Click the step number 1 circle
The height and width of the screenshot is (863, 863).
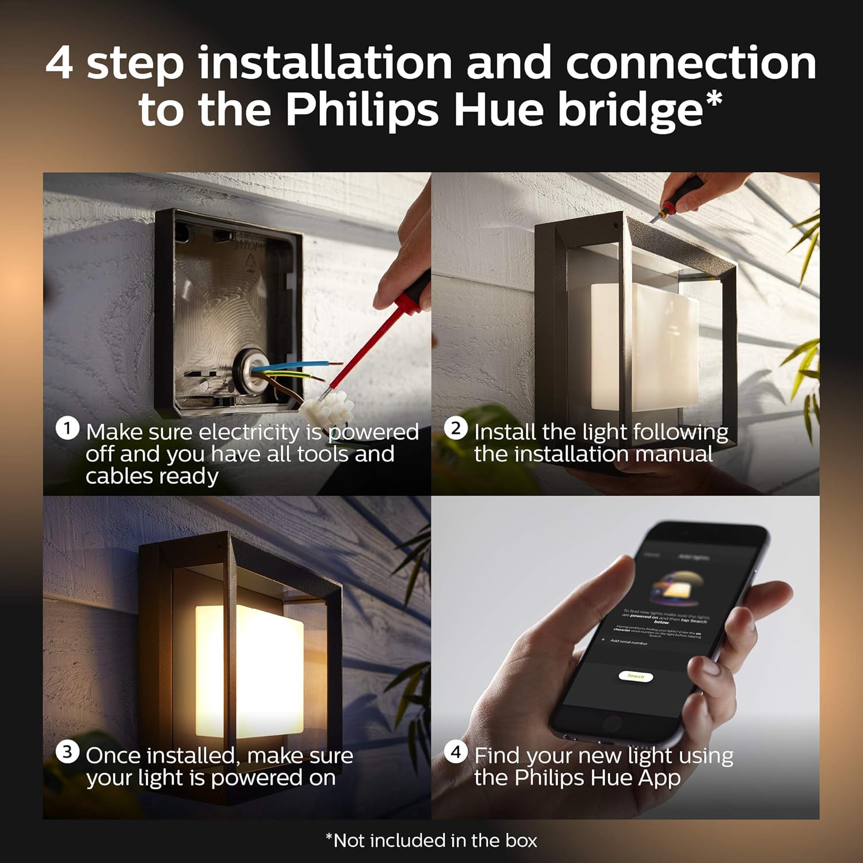(x=67, y=429)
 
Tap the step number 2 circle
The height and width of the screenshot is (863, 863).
(x=456, y=429)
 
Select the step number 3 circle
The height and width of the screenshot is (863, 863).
(x=67, y=752)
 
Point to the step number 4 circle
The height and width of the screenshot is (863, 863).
(x=456, y=752)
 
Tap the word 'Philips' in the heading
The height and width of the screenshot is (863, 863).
(x=362, y=109)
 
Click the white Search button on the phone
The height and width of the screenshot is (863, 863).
(x=636, y=676)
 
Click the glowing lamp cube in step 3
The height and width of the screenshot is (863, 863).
(x=250, y=670)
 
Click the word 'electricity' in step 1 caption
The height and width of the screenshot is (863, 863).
(x=249, y=432)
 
